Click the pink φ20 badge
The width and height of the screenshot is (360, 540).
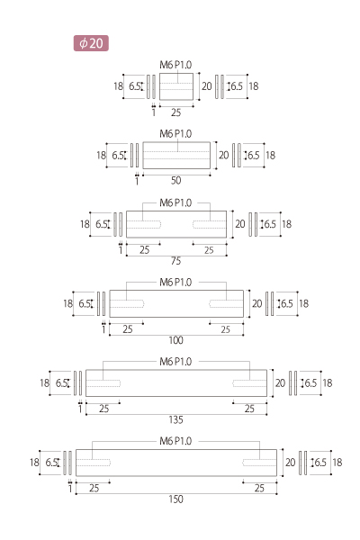[91, 43]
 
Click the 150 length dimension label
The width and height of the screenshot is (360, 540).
[175, 499]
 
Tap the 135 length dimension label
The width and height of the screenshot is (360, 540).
[175, 419]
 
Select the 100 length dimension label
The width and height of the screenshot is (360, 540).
[175, 340]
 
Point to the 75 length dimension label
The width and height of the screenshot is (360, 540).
[175, 261]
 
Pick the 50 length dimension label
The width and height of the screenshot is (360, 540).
[175, 180]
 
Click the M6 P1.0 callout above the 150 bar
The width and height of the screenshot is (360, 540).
[175, 441]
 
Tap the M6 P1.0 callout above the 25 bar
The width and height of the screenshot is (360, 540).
[175, 65]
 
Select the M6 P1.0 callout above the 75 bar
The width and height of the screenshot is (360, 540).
[175, 202]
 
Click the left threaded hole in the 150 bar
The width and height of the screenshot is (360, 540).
[93, 463]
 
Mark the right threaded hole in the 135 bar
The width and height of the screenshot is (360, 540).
[250, 383]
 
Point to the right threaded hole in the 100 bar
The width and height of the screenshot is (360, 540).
[226, 304]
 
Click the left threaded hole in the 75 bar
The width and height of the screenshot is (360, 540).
[144, 224]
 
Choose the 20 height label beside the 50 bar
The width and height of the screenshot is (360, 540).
[223, 156]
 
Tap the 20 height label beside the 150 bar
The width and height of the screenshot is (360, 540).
[290, 463]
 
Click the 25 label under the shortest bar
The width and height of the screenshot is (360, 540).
[175, 112]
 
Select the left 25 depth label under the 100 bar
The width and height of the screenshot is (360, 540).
[128, 329]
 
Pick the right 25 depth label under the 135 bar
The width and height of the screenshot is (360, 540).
[249, 409]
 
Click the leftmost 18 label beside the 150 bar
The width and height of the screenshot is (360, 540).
[34, 463]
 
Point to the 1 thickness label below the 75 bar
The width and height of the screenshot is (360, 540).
[121, 249]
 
